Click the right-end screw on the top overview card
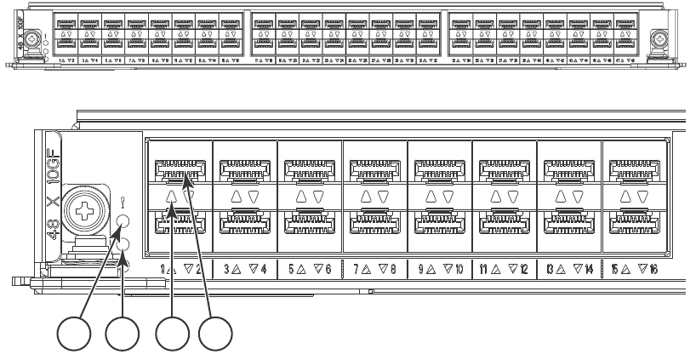pyautogui.click(x=659, y=37)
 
